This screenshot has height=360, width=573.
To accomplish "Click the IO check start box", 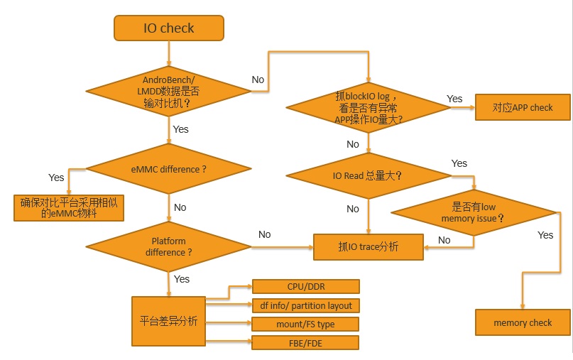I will [x=168, y=28].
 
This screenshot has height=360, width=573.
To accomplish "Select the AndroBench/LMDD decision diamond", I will [x=169, y=91].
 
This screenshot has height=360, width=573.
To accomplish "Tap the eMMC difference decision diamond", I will [x=168, y=170].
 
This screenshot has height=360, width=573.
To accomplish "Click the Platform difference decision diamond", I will [x=168, y=246].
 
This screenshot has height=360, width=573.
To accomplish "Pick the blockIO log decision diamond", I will [x=369, y=108].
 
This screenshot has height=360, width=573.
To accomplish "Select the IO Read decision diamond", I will [x=368, y=175].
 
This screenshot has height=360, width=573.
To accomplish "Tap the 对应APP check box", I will [x=523, y=108].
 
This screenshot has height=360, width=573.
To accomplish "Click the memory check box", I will [x=523, y=322].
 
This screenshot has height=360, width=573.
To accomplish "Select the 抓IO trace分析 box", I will [x=369, y=247].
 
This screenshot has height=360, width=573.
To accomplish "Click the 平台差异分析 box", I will [x=168, y=321].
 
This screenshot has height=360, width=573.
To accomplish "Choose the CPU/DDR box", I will [x=306, y=286].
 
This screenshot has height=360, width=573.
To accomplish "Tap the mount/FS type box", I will [x=306, y=324].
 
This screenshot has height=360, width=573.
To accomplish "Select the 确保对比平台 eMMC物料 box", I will [x=68, y=207].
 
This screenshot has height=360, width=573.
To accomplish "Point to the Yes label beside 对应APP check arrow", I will [x=454, y=99].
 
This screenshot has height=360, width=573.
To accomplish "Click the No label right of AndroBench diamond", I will [x=258, y=80].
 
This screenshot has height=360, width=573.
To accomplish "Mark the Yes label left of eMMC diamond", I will [x=56, y=178].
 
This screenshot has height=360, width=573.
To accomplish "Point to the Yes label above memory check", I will [x=545, y=235].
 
